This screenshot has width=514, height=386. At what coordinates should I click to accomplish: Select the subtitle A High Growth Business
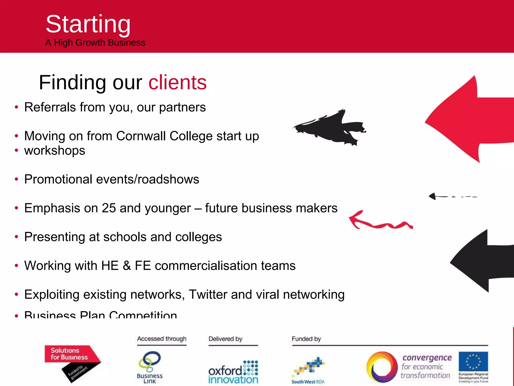[x=95, y=43]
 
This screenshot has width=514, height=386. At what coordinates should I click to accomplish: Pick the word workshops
[x=55, y=151]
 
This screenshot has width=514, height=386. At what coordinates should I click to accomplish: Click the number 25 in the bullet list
[x=109, y=208]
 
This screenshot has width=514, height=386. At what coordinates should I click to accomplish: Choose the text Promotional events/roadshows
[x=112, y=179]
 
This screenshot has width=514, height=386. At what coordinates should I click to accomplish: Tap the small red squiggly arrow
[x=379, y=221]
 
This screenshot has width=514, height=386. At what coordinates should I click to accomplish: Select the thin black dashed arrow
[x=452, y=196]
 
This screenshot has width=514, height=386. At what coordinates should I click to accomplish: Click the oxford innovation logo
[x=233, y=372]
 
